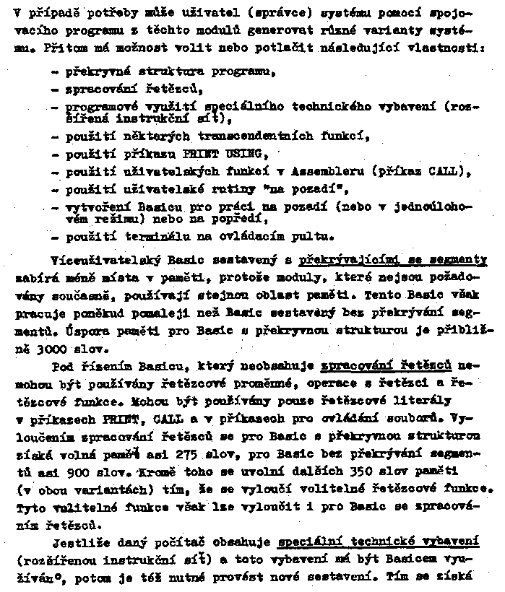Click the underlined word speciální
314,540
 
